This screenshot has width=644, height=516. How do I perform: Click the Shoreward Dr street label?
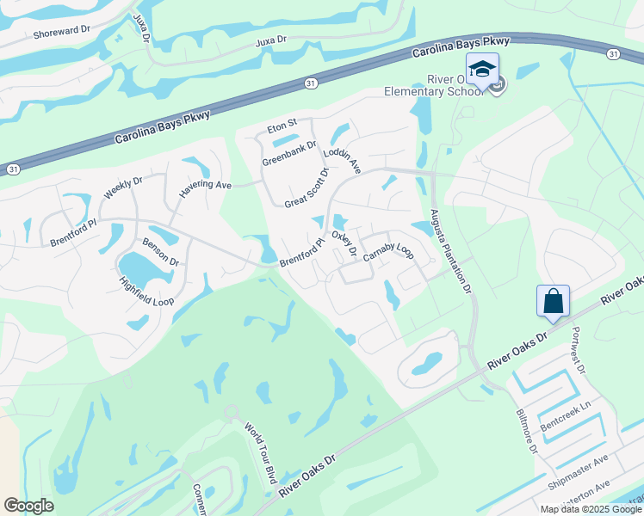pos(61,30)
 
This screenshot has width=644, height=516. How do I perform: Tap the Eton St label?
pos(281,124)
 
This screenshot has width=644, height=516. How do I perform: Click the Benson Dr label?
pos(161,252)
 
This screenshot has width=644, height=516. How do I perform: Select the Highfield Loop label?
pos(147,287)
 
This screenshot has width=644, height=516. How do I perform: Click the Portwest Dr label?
pos(578,355)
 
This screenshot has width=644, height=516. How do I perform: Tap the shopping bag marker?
pos(554,302)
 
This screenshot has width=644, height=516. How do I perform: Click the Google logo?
pos(28,506)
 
